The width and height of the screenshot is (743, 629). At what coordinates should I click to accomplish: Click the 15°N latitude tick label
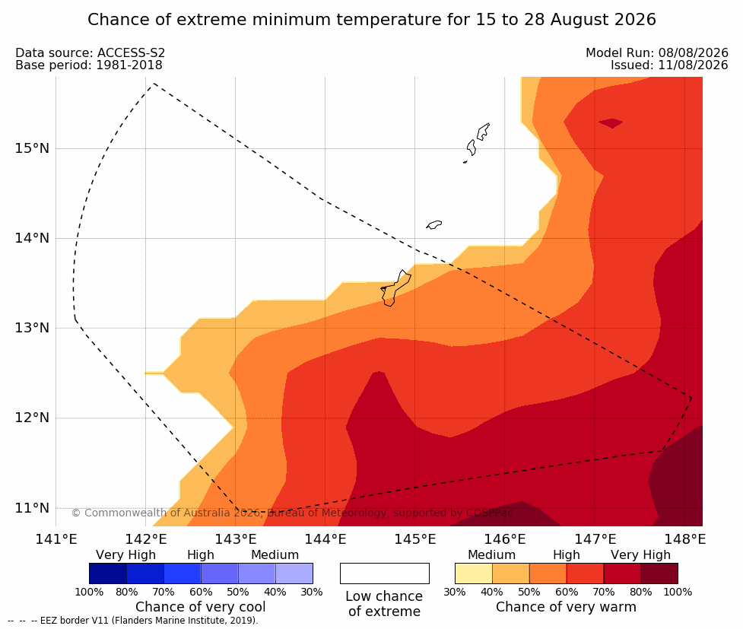(32, 148)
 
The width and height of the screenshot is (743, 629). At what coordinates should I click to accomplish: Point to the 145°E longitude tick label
(415, 539)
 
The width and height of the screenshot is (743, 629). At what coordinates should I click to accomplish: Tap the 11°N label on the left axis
(32, 508)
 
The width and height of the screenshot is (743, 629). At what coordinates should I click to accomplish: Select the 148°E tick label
(684, 539)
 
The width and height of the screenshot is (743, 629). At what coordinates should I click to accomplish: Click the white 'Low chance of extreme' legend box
(384, 573)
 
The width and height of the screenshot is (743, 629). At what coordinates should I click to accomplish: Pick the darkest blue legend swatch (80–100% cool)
(108, 573)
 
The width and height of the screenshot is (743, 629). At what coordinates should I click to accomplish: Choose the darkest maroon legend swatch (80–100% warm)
(659, 573)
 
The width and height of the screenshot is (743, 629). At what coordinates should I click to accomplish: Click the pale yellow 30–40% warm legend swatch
(473, 573)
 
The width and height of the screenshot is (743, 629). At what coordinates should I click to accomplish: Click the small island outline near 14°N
(434, 224)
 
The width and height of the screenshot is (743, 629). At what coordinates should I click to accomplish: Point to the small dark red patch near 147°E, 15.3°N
(611, 123)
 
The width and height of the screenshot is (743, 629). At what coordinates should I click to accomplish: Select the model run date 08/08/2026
(694, 52)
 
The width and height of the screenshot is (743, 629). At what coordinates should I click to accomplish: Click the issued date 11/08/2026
(694, 65)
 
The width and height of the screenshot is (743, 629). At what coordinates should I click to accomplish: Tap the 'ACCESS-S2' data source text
(132, 52)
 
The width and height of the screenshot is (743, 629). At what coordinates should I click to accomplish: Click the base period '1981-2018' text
(129, 65)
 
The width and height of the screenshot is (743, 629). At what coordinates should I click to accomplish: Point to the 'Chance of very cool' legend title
(201, 607)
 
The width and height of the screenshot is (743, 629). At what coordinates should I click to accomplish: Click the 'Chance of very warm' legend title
(566, 607)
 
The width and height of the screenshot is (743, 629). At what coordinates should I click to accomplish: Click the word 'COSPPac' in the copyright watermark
(490, 513)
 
